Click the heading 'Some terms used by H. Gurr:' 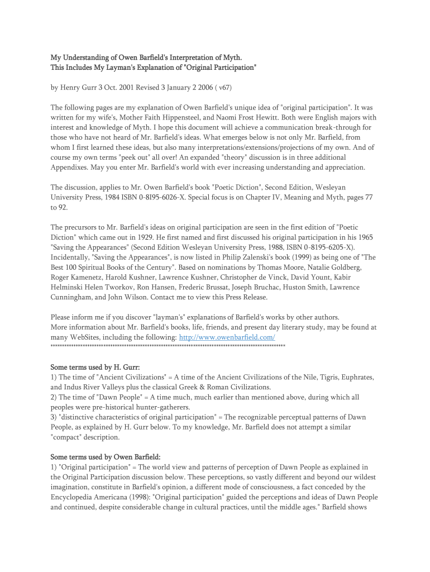tap(95, 367)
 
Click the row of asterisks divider tap(168, 347)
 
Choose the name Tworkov tap(113, 287)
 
